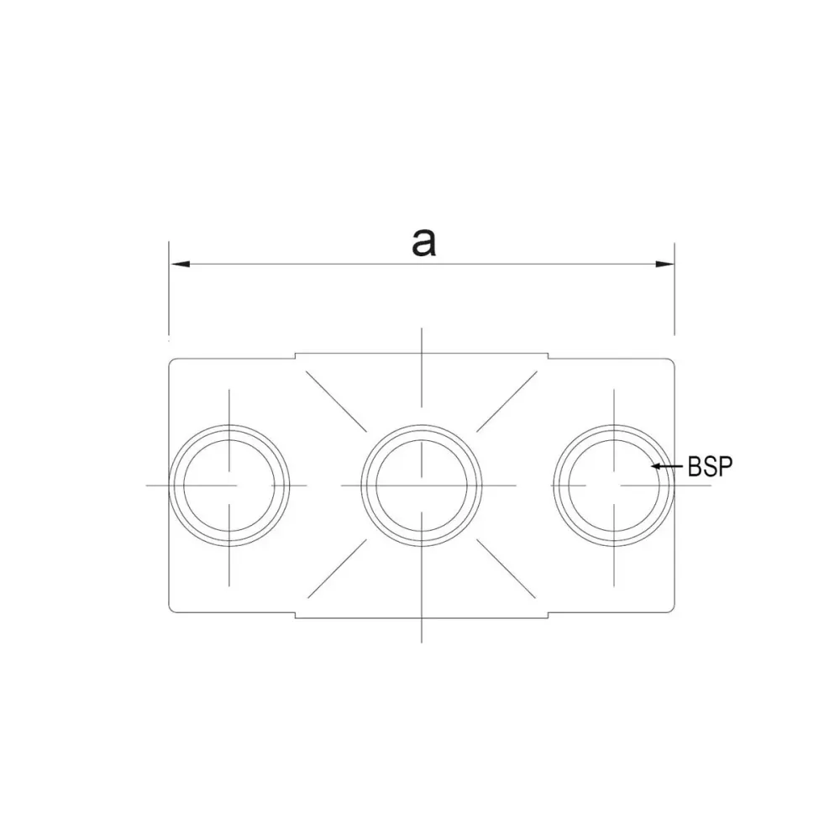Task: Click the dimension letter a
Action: (423, 243)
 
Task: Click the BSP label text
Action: (710, 466)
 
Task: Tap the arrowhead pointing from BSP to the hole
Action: (655, 466)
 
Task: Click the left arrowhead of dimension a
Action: (180, 264)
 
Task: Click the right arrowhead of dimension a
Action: (664, 264)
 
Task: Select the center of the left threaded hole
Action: (229, 486)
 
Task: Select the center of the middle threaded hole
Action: (422, 486)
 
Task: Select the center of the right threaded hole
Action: (614, 486)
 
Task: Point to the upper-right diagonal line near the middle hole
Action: (507, 402)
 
